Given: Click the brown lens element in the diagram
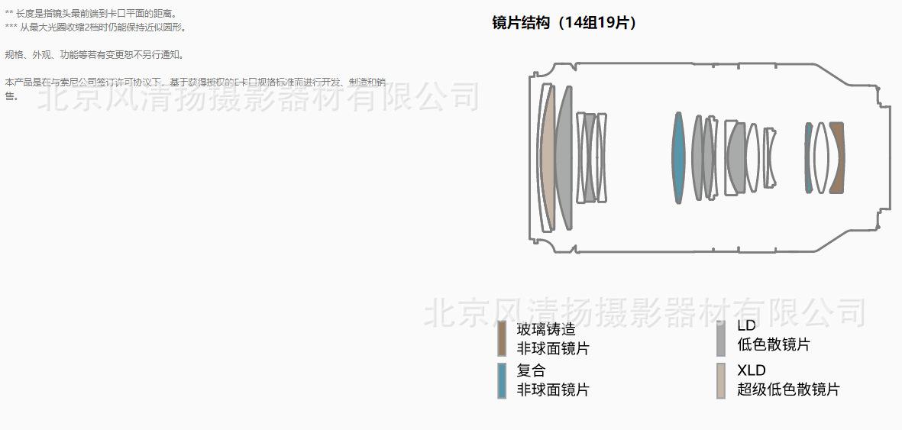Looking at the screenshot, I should (x=836, y=158).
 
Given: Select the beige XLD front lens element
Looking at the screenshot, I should (x=547, y=157).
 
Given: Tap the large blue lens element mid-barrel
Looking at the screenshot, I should (x=677, y=158).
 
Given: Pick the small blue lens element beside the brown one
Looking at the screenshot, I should (x=808, y=157).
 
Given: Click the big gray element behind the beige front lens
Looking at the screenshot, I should (x=564, y=157).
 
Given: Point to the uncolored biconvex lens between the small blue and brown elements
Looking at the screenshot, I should (x=821, y=158).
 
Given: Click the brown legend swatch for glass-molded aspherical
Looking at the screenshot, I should (x=502, y=338).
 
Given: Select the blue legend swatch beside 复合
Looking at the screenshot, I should (x=502, y=380).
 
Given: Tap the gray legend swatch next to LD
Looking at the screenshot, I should (x=721, y=338).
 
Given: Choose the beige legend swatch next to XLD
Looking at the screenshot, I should (x=721, y=380).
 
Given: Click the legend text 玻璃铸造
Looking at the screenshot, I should (x=546, y=330).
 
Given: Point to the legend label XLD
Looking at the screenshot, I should (x=752, y=370).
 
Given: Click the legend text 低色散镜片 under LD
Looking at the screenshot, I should (x=774, y=344).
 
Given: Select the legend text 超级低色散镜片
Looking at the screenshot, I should (x=788, y=390).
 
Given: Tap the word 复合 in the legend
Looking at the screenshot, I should (x=531, y=371).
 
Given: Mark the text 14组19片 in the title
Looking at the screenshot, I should (x=596, y=23).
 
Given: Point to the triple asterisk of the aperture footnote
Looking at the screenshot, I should (x=11, y=27).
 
